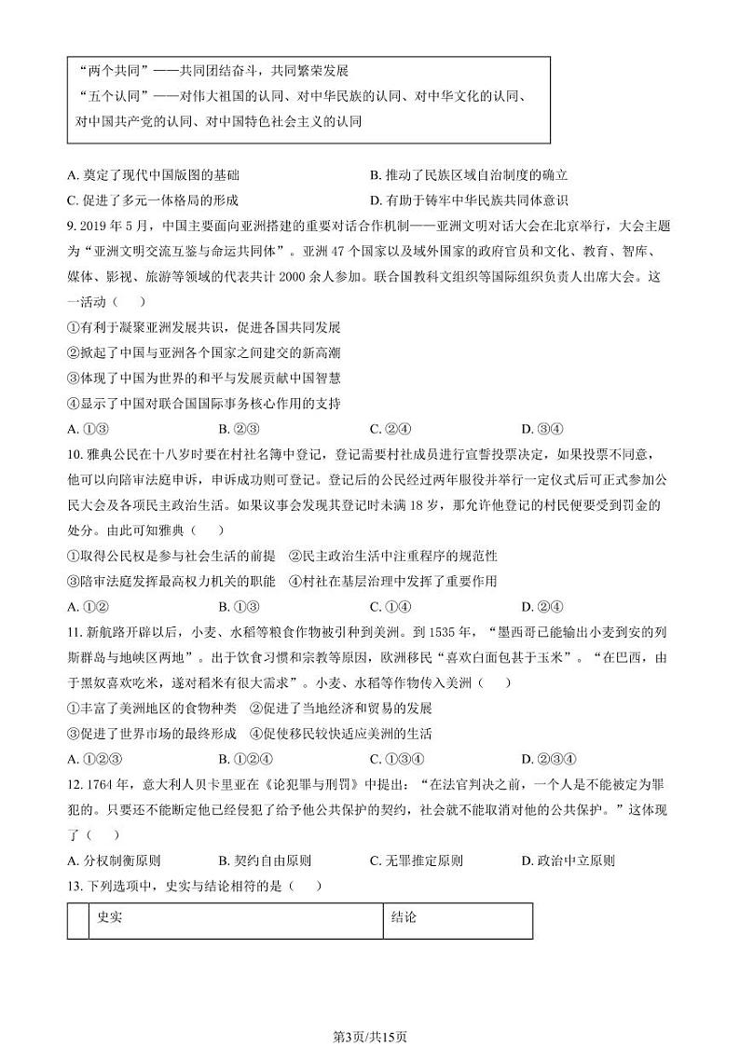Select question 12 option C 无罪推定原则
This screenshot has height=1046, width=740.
tap(416, 860)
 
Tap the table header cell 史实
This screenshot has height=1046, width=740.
tap(110, 918)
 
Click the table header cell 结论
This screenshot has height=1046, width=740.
tap(404, 918)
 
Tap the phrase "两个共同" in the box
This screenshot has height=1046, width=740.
tap(100, 71)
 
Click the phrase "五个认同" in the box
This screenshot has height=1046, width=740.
tap(100, 96)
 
